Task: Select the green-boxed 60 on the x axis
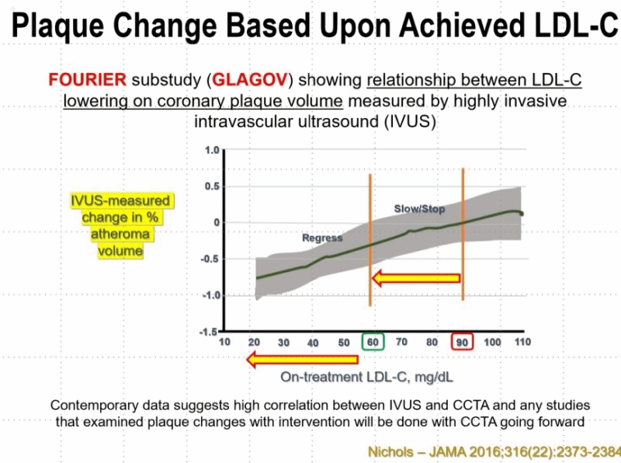[373, 343]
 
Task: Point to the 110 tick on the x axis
[521, 343]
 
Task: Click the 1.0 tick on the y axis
[210, 150]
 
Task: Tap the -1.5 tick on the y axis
[208, 332]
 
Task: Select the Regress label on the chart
[322, 238]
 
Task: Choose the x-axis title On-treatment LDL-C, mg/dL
[366, 378]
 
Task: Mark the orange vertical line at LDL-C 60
[370, 249]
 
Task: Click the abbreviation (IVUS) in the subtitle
[395, 121]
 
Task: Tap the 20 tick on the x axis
[254, 343]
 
